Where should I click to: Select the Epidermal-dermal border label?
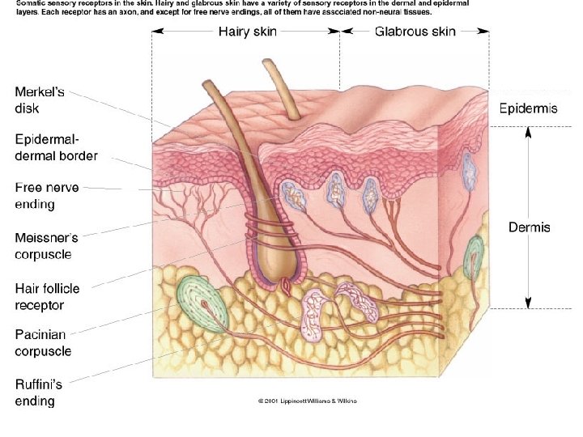click(x=55, y=148)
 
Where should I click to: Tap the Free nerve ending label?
click(x=47, y=196)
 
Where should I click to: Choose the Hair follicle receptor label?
click(x=47, y=296)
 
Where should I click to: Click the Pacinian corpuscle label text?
click(x=43, y=343)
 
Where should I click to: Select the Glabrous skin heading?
click(x=415, y=32)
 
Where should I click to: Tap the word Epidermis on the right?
click(x=528, y=108)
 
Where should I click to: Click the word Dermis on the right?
click(x=529, y=227)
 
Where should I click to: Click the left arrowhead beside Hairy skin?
click(x=156, y=32)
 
